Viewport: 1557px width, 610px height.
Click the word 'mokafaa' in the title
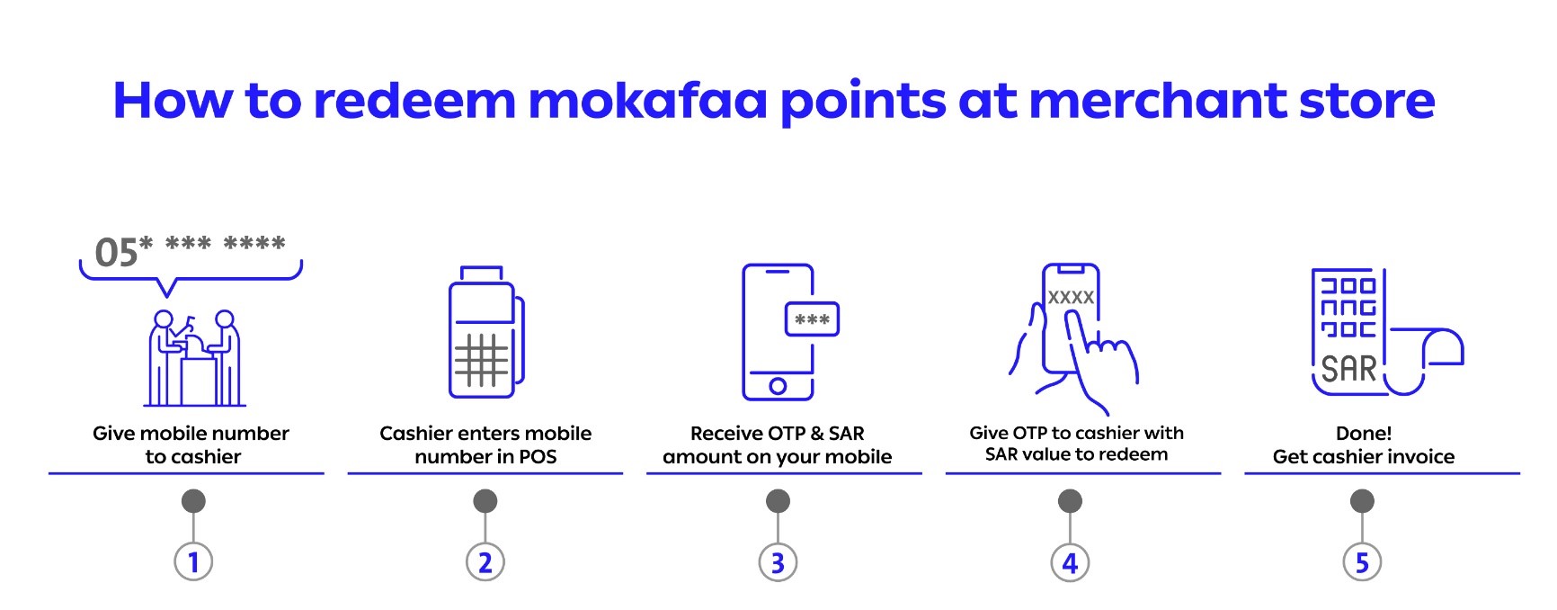[647, 100]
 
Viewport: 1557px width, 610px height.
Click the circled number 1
[193, 562]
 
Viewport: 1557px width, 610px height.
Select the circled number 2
[485, 562]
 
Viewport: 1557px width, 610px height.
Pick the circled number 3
[778, 562]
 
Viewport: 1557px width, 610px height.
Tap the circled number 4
[1070, 562]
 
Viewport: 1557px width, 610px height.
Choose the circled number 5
[1362, 562]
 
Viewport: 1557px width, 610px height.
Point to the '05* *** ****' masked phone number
[191, 252]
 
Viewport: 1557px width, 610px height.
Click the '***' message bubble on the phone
[812, 319]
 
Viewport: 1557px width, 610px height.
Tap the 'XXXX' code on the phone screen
[1071, 297]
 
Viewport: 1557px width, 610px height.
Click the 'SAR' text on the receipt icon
[1348, 369]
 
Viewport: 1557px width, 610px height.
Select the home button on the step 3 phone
[778, 386]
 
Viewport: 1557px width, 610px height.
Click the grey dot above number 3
[778, 501]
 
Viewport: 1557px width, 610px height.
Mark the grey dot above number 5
[1362, 501]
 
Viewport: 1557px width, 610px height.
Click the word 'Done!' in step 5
[1364, 433]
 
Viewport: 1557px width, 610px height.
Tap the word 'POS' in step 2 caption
[538, 456]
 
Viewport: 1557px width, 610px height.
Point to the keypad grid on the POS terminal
[481, 360]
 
